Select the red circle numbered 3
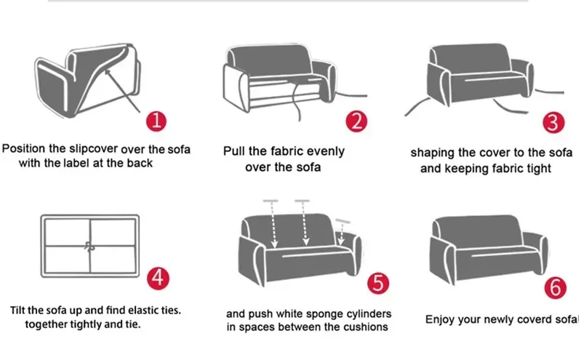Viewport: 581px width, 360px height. click(x=554, y=121)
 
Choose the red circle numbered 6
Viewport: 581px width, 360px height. click(x=555, y=288)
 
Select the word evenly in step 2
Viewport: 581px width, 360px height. click(x=324, y=152)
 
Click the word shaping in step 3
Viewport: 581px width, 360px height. click(x=431, y=153)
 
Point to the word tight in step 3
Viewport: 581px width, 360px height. click(x=537, y=168)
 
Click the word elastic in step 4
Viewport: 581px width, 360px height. click(x=140, y=310)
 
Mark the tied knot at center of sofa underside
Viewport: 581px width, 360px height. click(x=91, y=245)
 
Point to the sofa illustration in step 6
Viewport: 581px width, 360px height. click(x=489, y=247)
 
